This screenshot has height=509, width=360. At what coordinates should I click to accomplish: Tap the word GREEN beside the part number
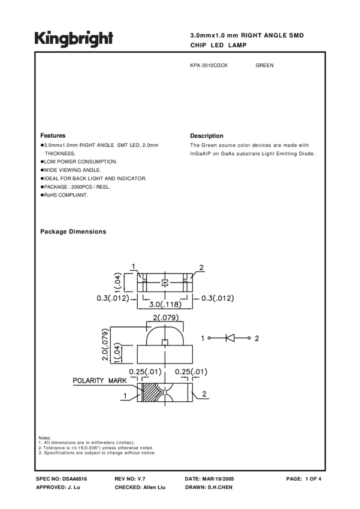264,65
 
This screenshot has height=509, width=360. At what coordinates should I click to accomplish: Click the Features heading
53,136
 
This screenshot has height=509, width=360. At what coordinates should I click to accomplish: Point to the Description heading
207,136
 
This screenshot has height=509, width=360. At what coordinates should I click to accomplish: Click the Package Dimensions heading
73,232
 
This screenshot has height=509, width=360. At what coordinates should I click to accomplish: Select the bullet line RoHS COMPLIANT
65,195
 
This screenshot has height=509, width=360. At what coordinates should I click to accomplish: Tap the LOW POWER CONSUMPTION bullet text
80,162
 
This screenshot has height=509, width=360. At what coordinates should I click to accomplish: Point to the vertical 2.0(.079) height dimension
106,344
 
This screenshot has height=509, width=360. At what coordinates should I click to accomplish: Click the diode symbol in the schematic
230,338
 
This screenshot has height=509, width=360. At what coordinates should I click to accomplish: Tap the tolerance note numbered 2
96,448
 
